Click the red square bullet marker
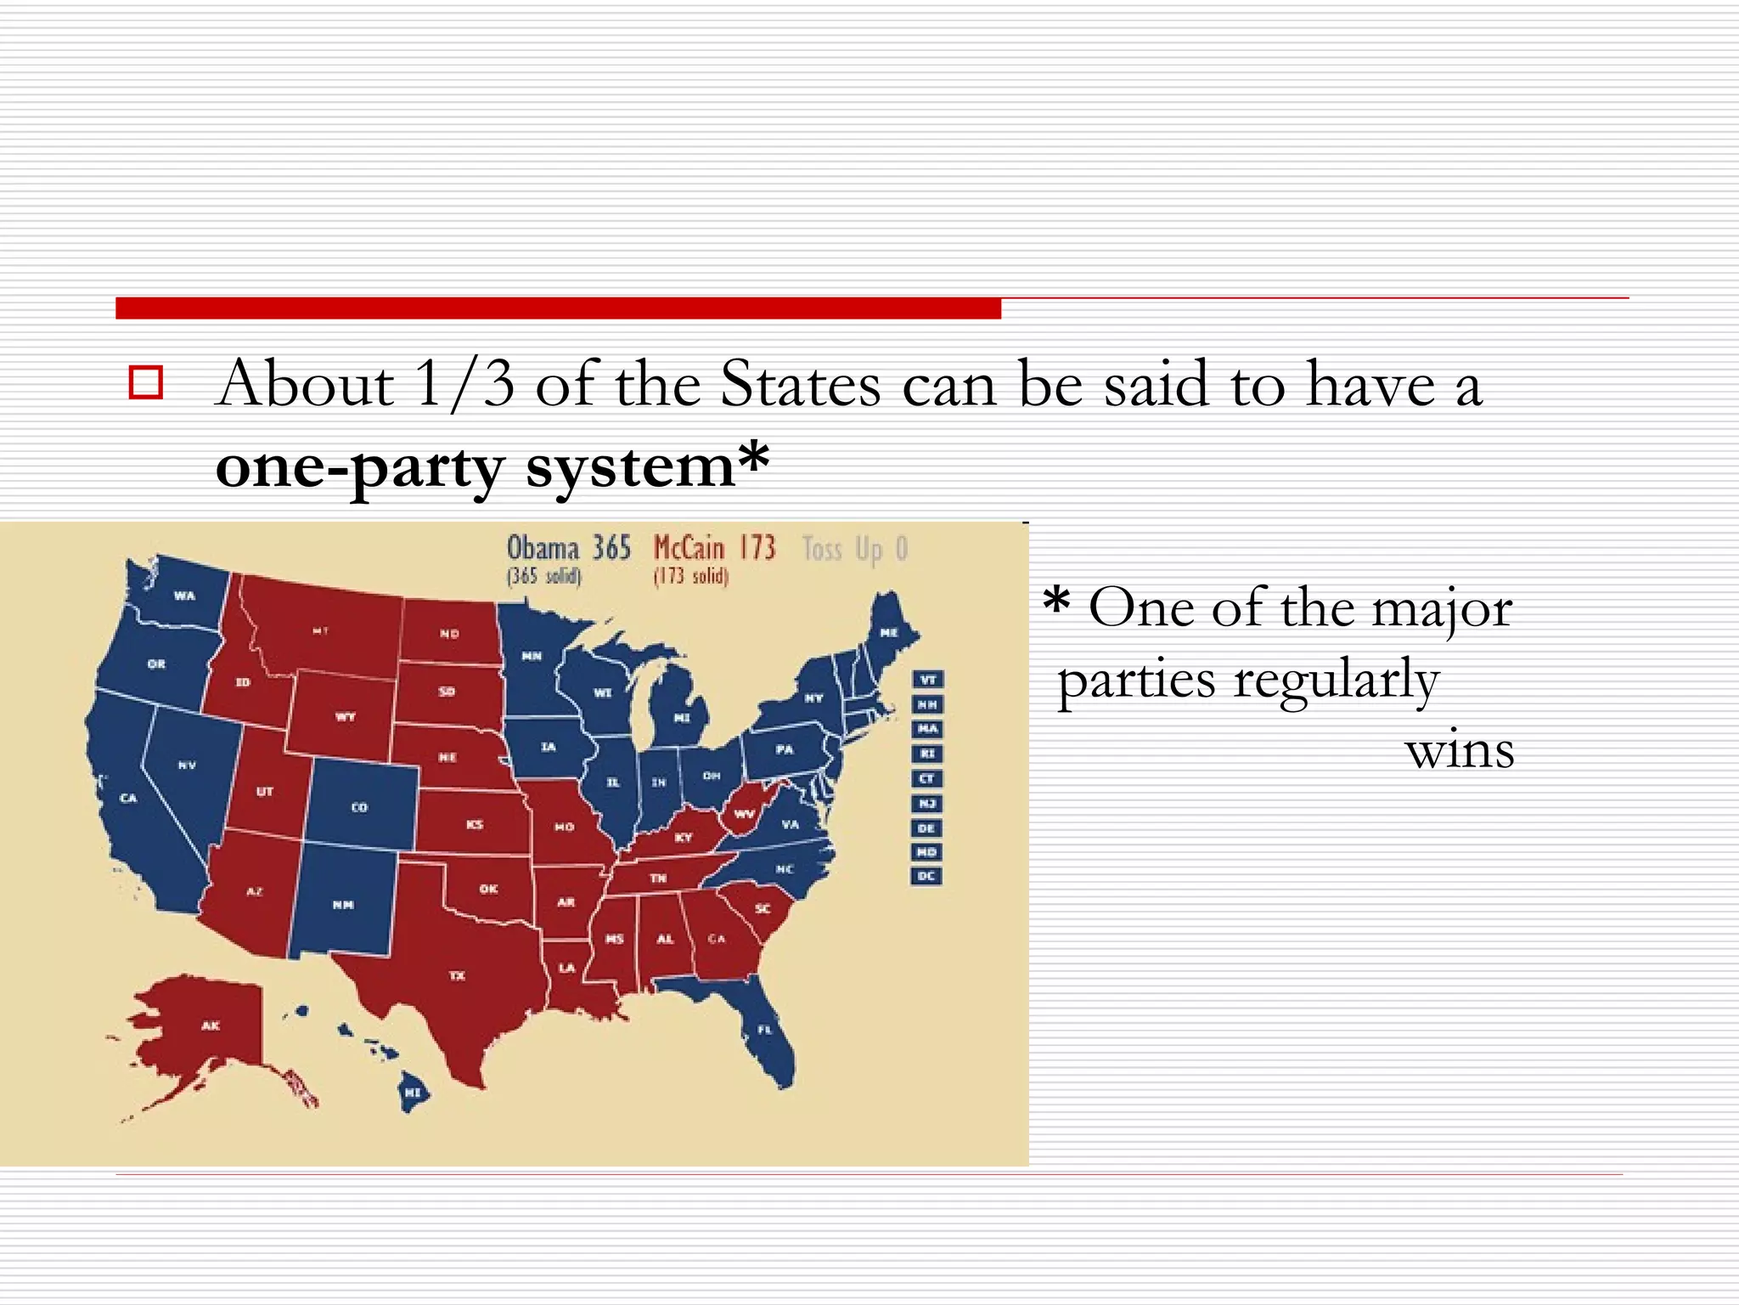(x=145, y=383)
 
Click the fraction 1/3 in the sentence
(x=465, y=384)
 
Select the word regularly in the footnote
(x=1335, y=681)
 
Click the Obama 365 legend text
(x=568, y=548)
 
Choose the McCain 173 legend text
(x=714, y=548)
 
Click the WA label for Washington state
(x=184, y=596)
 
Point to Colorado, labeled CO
(x=360, y=807)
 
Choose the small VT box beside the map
(x=927, y=680)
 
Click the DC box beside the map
(x=927, y=876)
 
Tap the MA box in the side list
(x=927, y=729)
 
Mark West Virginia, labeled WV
(x=745, y=813)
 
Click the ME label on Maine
(x=889, y=633)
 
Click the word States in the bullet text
(x=800, y=384)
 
